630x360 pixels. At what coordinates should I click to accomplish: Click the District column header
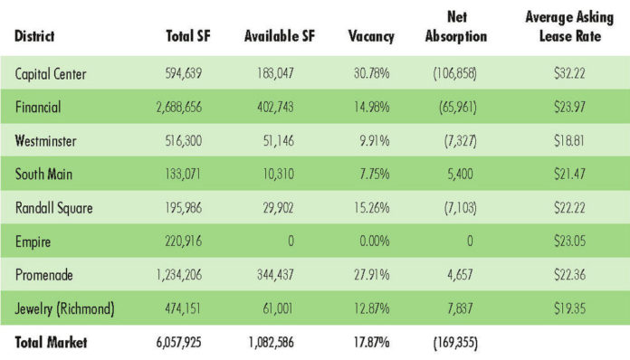[x=34, y=36]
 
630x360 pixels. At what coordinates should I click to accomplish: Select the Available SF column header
[x=280, y=36]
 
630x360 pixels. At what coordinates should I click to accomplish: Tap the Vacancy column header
[x=371, y=36]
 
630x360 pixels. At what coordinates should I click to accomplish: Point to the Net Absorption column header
[x=456, y=26]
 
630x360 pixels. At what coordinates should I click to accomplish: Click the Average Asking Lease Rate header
[x=569, y=26]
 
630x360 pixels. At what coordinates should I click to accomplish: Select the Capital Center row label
[x=51, y=74]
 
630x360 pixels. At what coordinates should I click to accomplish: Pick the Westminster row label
[x=45, y=141]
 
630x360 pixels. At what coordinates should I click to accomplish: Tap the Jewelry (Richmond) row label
[x=64, y=308]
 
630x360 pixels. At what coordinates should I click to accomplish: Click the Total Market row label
[x=51, y=342]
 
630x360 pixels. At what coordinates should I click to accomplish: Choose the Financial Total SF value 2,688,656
[x=179, y=107]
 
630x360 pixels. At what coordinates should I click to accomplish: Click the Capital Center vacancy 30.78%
[x=372, y=73]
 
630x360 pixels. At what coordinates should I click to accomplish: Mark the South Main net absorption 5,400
[x=460, y=175]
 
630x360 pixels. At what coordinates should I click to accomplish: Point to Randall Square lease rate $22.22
[x=569, y=208]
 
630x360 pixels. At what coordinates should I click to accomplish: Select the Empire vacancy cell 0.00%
[x=375, y=242]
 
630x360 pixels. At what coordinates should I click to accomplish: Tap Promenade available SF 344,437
[x=275, y=275]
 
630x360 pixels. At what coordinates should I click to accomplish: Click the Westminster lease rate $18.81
[x=569, y=141]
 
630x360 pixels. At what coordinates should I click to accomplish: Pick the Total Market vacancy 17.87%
[x=372, y=342]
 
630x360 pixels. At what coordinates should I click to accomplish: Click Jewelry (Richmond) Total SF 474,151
[x=183, y=308]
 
